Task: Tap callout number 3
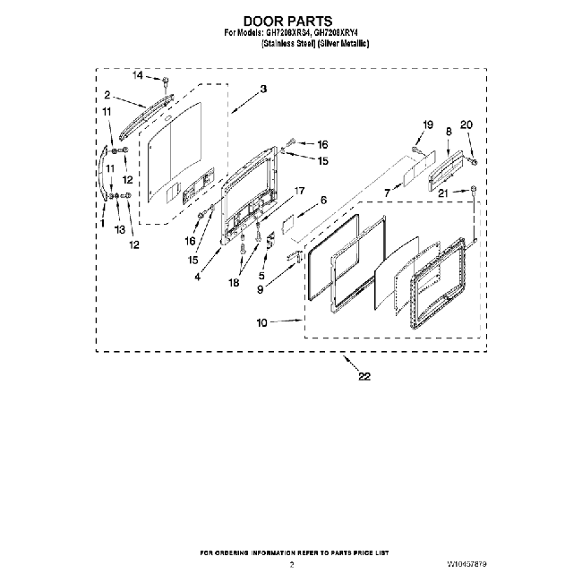click(x=264, y=90)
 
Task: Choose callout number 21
click(x=441, y=192)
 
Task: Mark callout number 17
click(x=299, y=191)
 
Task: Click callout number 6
click(x=323, y=201)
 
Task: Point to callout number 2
click(x=107, y=95)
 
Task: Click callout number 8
click(x=447, y=131)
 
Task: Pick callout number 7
click(x=388, y=192)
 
